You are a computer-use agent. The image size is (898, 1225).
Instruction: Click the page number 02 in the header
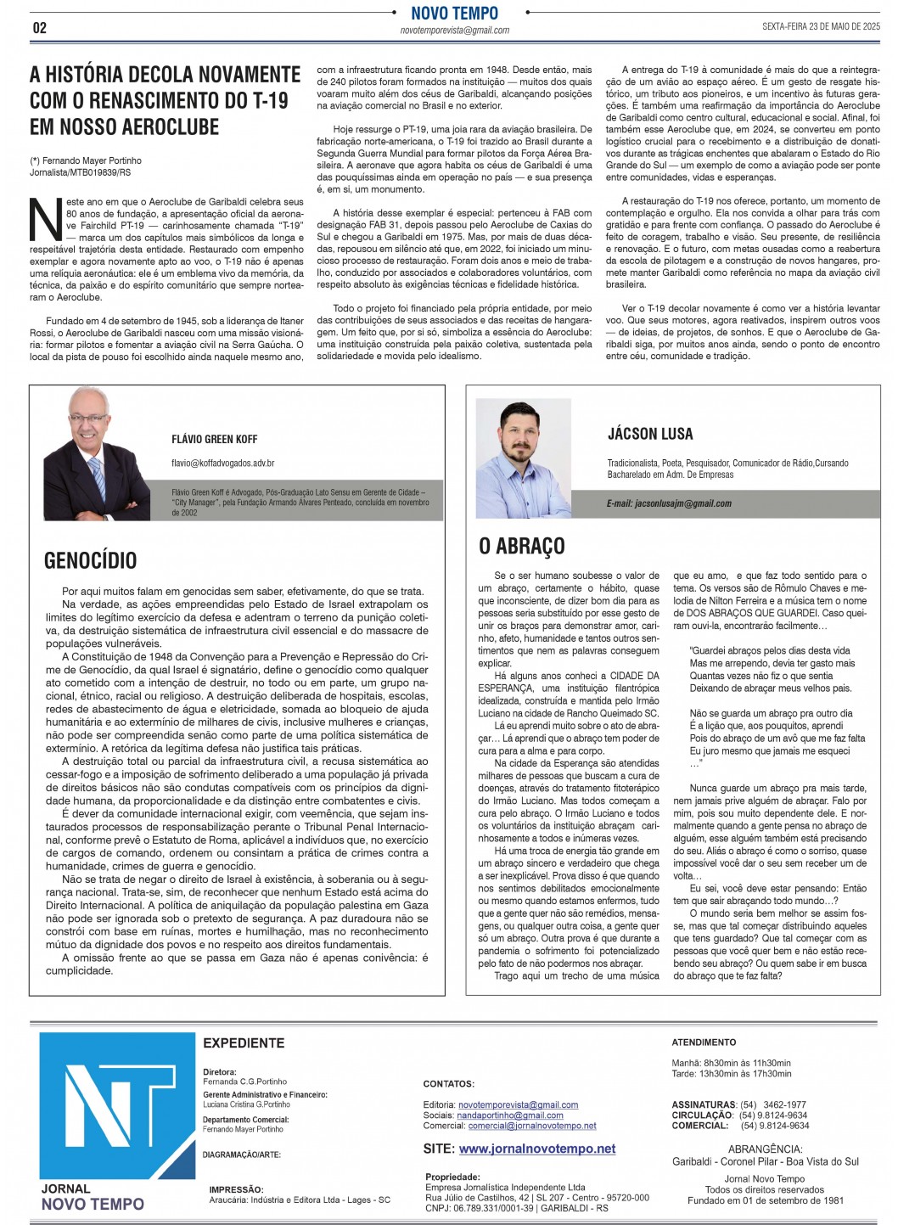39,27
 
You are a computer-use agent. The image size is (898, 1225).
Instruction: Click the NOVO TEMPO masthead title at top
454,13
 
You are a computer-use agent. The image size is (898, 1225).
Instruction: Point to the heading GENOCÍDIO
90,560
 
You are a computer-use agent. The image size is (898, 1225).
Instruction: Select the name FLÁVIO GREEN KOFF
214,439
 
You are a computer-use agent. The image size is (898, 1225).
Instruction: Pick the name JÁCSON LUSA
650,433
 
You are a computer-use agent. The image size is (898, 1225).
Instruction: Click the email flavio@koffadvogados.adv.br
222,464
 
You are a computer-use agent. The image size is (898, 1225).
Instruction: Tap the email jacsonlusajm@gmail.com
669,503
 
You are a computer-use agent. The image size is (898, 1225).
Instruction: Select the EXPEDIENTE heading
244,1042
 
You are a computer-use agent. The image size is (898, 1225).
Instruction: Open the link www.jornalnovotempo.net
536,1149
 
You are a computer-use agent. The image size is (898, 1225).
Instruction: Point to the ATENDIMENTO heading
704,1042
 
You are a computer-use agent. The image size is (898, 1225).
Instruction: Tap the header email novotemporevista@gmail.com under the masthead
454,31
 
